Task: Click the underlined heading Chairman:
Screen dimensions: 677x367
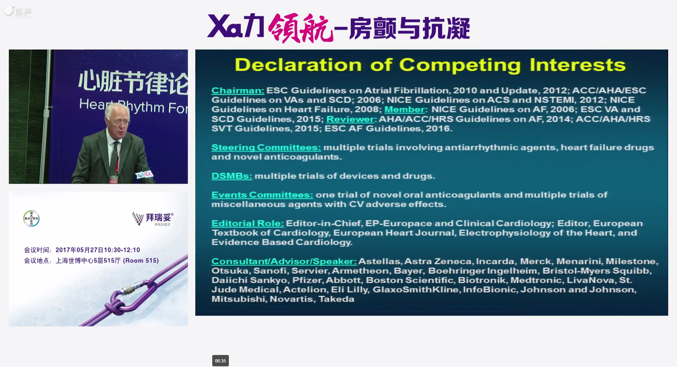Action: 238,91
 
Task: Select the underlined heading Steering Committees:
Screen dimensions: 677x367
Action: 266,147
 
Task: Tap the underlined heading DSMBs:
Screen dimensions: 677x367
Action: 232,176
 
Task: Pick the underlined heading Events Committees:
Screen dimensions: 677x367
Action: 262,195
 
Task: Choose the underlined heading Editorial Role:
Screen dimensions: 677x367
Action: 248,223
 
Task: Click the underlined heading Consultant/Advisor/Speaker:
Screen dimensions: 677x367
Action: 284,261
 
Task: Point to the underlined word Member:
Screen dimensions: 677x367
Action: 406,109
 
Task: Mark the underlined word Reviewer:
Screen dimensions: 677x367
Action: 351,119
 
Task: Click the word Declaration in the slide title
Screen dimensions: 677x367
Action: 298,65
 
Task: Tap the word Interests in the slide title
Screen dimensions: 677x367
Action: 577,65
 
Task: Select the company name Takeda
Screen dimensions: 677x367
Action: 336,299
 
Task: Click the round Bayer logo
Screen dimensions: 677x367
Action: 31,219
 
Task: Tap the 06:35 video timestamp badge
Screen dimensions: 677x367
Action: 220,361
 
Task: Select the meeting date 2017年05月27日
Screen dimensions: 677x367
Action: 79,250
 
